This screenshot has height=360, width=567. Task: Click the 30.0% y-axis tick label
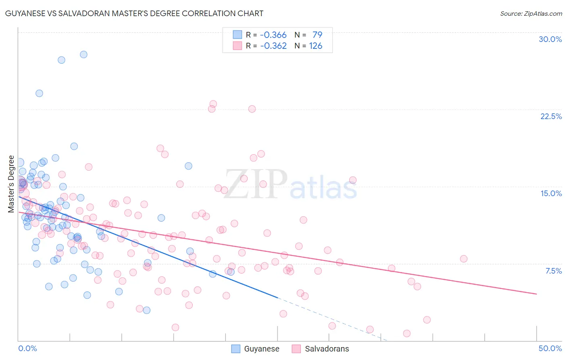[x=550, y=39]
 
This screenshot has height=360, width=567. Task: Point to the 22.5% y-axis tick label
[x=551, y=116]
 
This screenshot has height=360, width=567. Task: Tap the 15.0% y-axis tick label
[x=551, y=193]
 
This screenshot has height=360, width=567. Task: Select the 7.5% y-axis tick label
[x=553, y=271]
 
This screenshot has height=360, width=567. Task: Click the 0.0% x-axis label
[x=27, y=348]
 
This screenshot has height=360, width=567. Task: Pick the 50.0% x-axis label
[x=550, y=348]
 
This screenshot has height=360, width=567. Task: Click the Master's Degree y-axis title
[x=11, y=184]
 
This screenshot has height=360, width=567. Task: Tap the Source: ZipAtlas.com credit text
[x=531, y=14]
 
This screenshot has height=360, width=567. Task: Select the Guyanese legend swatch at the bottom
[x=236, y=349]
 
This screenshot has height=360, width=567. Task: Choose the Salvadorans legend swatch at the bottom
[x=296, y=349]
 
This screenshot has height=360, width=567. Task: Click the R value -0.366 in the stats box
[x=273, y=35]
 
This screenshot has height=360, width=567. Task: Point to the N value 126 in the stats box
[x=315, y=46]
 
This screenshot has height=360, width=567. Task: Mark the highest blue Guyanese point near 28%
[x=83, y=54]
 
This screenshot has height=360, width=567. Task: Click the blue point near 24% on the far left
[x=39, y=93]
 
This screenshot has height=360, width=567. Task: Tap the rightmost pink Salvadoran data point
[x=463, y=259]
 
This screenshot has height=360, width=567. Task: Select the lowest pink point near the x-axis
[x=406, y=333]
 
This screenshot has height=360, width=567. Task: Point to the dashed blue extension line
[x=331, y=319]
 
